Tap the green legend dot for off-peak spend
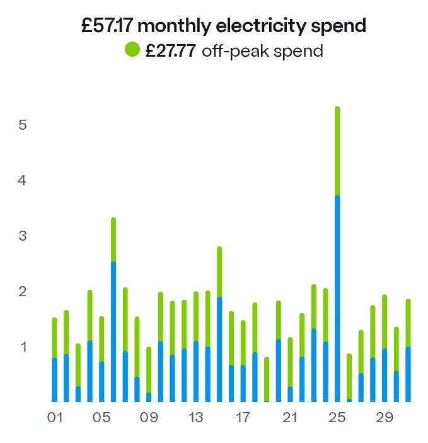click(132, 50)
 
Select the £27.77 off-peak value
click(171, 50)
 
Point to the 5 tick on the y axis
click(23, 125)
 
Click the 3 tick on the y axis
click(23, 236)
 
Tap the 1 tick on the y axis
click(23, 347)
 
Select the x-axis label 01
click(55, 418)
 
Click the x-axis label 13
click(196, 418)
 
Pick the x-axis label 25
click(337, 418)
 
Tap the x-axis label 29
click(385, 418)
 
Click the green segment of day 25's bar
click(337, 151)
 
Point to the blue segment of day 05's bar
click(101, 381)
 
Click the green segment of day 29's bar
click(385, 321)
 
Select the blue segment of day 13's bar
click(196, 372)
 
